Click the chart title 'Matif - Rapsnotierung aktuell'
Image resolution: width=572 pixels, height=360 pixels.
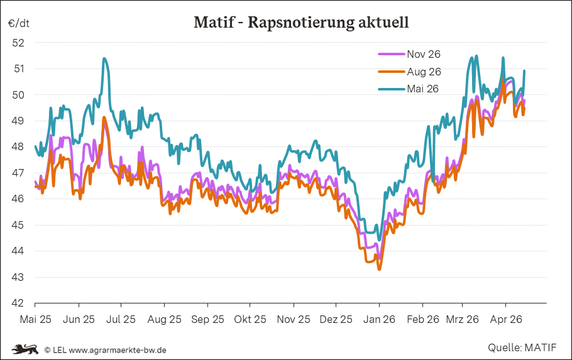coord(301,23)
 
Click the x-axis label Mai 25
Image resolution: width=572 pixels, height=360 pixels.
coord(36,319)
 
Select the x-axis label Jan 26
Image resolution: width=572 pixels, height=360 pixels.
coord(379,319)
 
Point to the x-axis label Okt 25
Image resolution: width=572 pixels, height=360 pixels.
coord(250,319)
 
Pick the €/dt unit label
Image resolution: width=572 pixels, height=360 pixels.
coord(19,23)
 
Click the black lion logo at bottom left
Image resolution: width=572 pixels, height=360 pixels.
coord(25,349)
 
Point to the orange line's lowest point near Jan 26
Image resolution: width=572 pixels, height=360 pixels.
coord(379,269)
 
